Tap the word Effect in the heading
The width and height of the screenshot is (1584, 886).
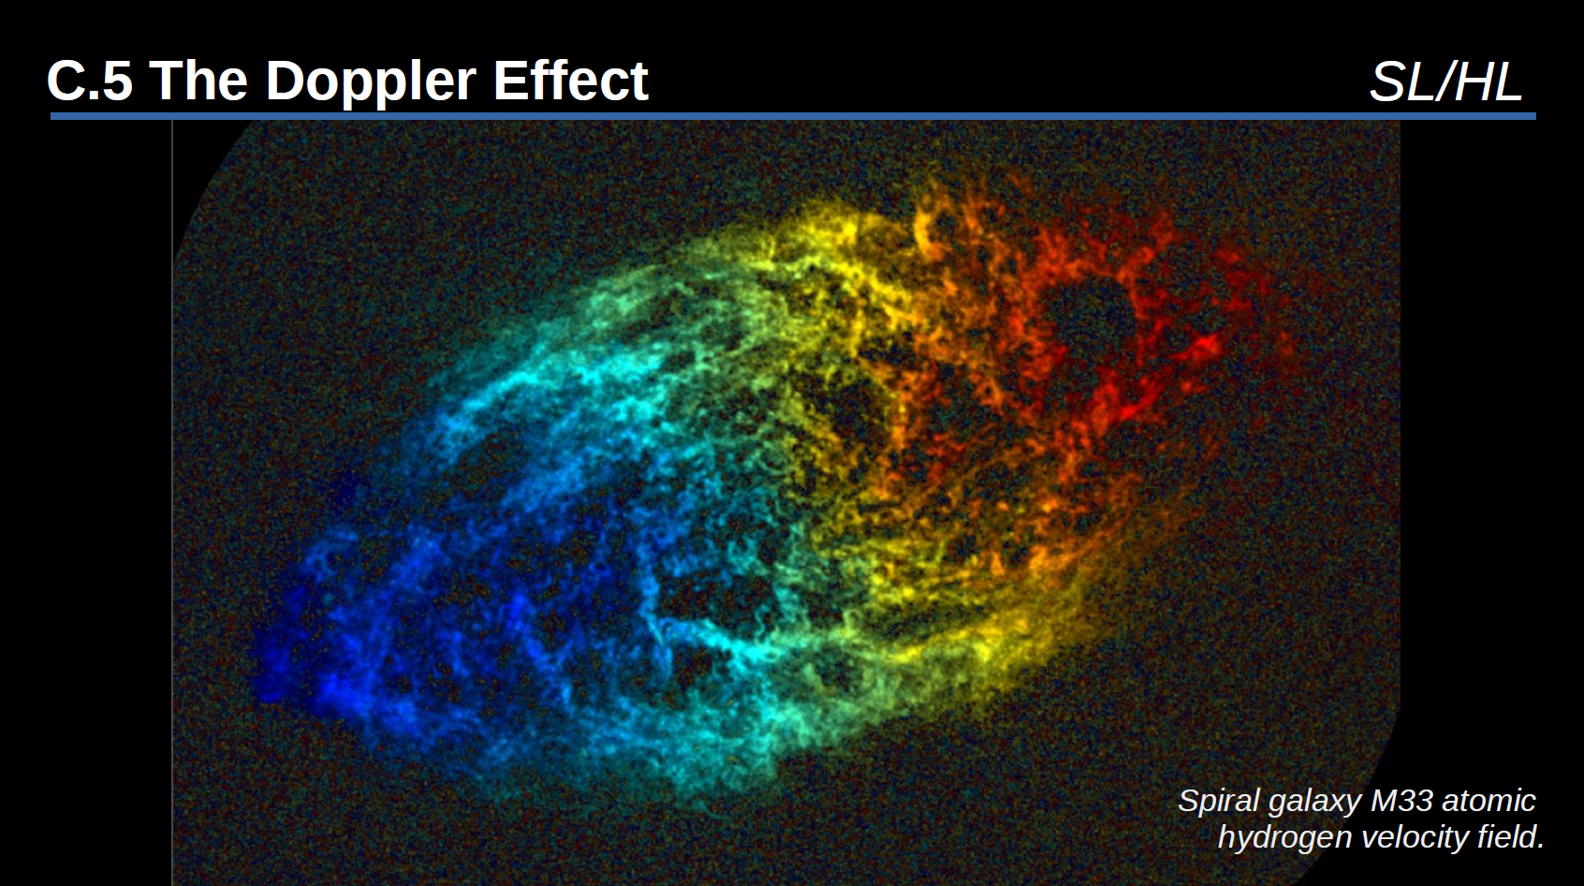(x=570, y=80)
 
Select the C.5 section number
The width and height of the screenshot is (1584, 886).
(x=90, y=80)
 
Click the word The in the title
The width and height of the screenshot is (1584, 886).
(x=198, y=80)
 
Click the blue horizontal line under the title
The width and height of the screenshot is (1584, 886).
(x=793, y=116)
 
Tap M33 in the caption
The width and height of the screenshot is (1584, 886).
(x=1401, y=801)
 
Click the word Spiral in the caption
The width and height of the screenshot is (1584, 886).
(x=1219, y=802)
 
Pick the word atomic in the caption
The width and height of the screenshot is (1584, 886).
(x=1489, y=801)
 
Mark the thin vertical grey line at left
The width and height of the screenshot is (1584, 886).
(x=172, y=502)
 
